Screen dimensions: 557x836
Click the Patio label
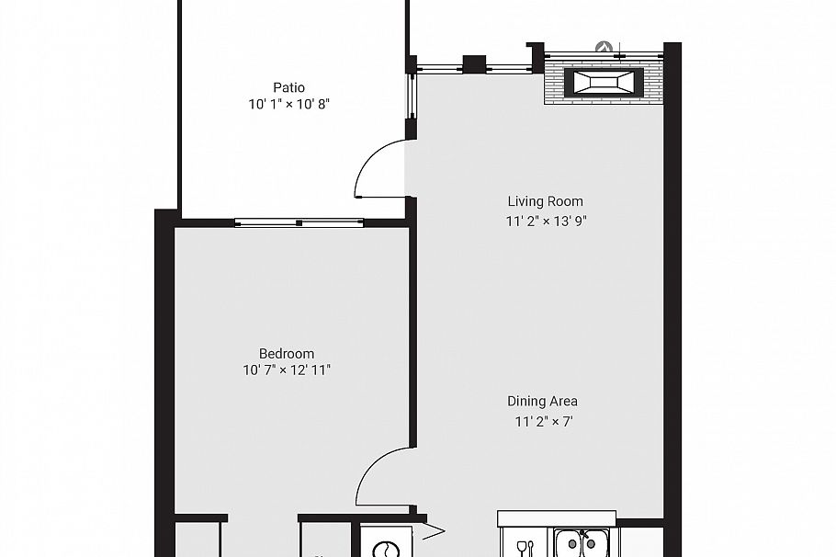click(288, 87)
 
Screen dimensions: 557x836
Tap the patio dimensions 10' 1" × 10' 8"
click(288, 105)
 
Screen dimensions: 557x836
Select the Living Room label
click(545, 201)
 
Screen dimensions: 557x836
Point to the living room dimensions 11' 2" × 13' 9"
click(545, 221)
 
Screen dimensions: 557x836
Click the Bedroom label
click(286, 353)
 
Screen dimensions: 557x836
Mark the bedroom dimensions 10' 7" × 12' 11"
click(286, 370)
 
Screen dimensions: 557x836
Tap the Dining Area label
click(542, 401)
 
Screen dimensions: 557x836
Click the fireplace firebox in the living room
click(604, 82)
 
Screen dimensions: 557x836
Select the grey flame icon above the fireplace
click(604, 46)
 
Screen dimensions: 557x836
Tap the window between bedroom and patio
click(299, 222)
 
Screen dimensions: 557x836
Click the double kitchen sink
click(581, 543)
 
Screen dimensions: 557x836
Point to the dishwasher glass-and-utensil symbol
click(526, 548)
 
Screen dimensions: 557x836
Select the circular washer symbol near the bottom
click(387, 551)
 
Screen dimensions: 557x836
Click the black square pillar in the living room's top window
click(473, 64)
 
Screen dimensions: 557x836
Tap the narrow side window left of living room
click(412, 96)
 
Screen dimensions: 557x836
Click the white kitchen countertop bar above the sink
click(556, 519)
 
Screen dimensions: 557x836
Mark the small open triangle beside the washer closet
click(434, 530)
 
